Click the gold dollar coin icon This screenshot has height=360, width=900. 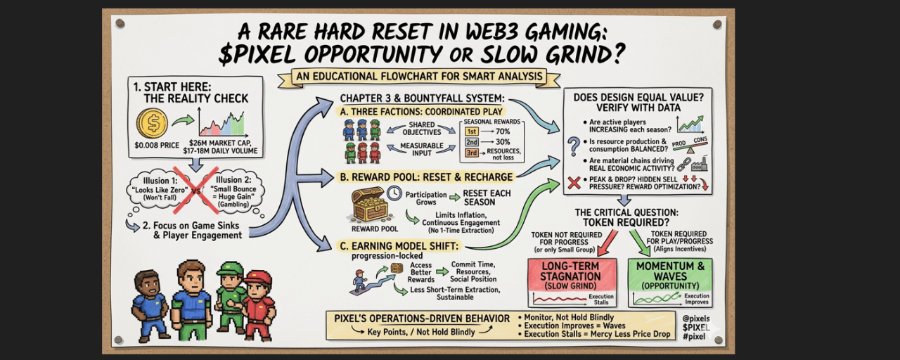(x=152, y=124)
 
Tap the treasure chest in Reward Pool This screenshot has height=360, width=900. (x=369, y=206)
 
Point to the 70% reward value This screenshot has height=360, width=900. (x=503, y=131)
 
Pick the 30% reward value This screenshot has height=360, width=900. (x=503, y=143)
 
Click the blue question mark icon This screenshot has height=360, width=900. (x=574, y=146)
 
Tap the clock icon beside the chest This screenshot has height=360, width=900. (x=394, y=193)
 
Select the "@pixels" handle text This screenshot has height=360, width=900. (x=696, y=318)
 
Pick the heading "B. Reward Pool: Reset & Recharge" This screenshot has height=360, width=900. (x=426, y=176)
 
